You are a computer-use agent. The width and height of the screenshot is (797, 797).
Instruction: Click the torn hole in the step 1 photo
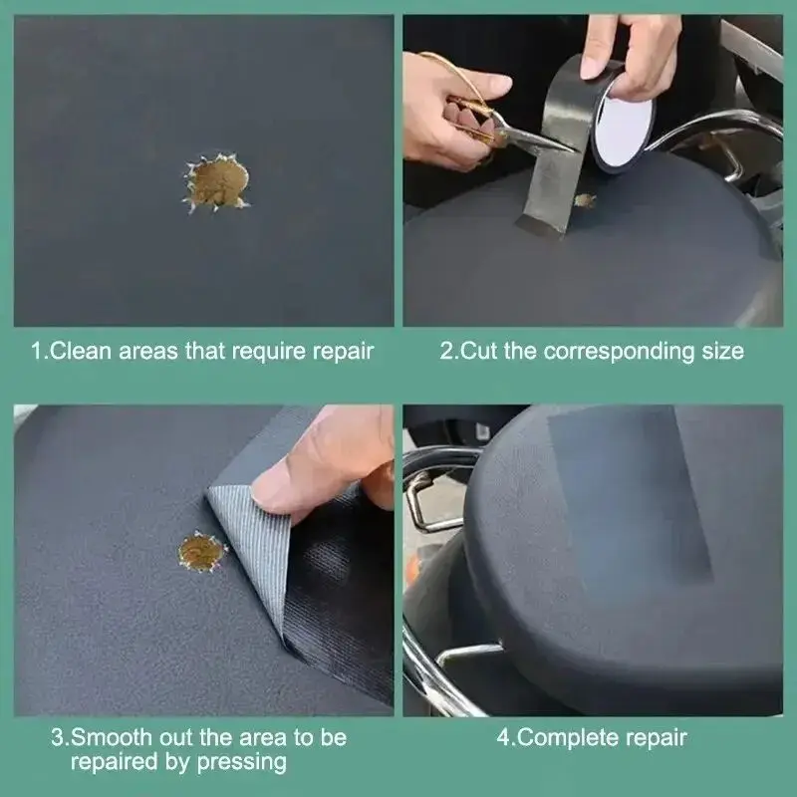click(217, 182)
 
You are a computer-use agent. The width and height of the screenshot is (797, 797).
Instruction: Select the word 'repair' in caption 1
click(342, 351)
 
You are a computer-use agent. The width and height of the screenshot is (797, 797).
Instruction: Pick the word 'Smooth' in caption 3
click(102, 738)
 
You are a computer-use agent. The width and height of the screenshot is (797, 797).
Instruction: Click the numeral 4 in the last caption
click(502, 738)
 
